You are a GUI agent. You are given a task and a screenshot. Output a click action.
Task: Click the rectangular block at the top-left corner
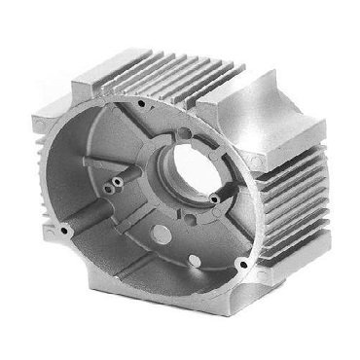click(92, 78)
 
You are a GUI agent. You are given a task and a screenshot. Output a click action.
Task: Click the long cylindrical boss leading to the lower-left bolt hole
click(92, 219)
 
